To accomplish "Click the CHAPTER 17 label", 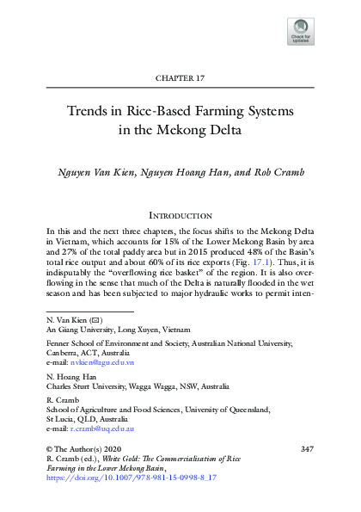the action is (180, 78).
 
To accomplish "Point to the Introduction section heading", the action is (180, 213).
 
